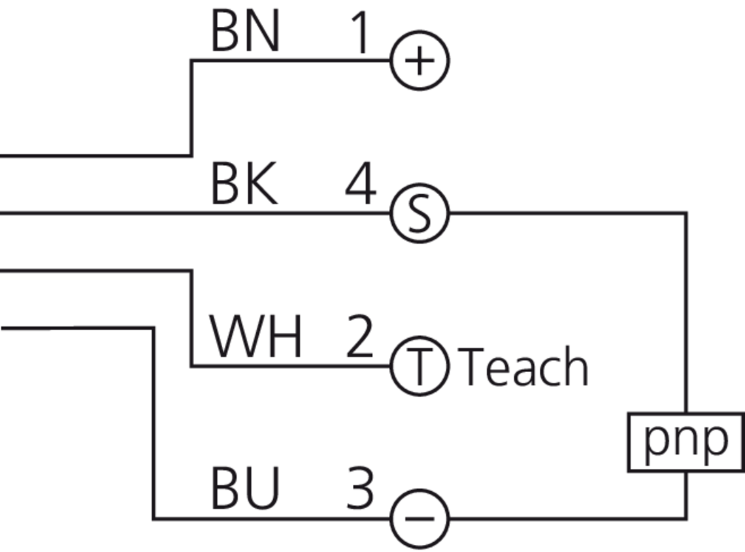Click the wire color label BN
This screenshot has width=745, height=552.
[x=245, y=33]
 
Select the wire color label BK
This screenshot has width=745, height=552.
[x=244, y=185]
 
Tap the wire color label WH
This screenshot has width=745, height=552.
[x=256, y=337]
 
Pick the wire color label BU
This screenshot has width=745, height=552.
[x=245, y=489]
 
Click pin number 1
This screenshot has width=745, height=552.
[x=360, y=33]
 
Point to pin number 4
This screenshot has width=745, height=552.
[x=360, y=185]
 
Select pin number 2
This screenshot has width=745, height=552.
[x=359, y=337]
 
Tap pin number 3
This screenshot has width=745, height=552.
[x=359, y=489]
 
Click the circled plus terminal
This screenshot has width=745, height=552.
[x=420, y=61]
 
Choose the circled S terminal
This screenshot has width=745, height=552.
[x=420, y=213]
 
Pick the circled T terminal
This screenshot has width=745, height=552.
[x=420, y=366]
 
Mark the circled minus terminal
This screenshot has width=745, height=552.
[x=420, y=519]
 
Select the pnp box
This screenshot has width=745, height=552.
[x=686, y=441]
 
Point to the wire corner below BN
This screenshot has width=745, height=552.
[x=191, y=156]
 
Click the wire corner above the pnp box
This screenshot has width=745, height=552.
[x=686, y=213]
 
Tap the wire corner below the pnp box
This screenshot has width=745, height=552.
[x=686, y=519]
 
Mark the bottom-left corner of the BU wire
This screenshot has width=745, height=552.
[x=154, y=519]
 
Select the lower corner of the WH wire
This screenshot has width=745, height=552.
[x=191, y=366]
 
